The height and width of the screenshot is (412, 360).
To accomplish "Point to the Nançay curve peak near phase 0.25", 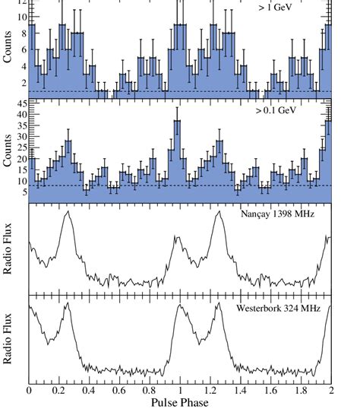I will pos(68,213).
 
